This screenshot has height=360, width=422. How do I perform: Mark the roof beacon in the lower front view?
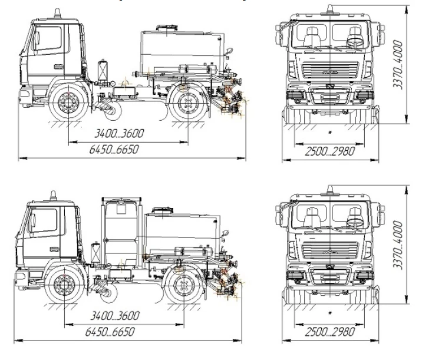[x=331, y=190]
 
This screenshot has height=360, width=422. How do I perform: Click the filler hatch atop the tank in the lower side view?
[x=161, y=209]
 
